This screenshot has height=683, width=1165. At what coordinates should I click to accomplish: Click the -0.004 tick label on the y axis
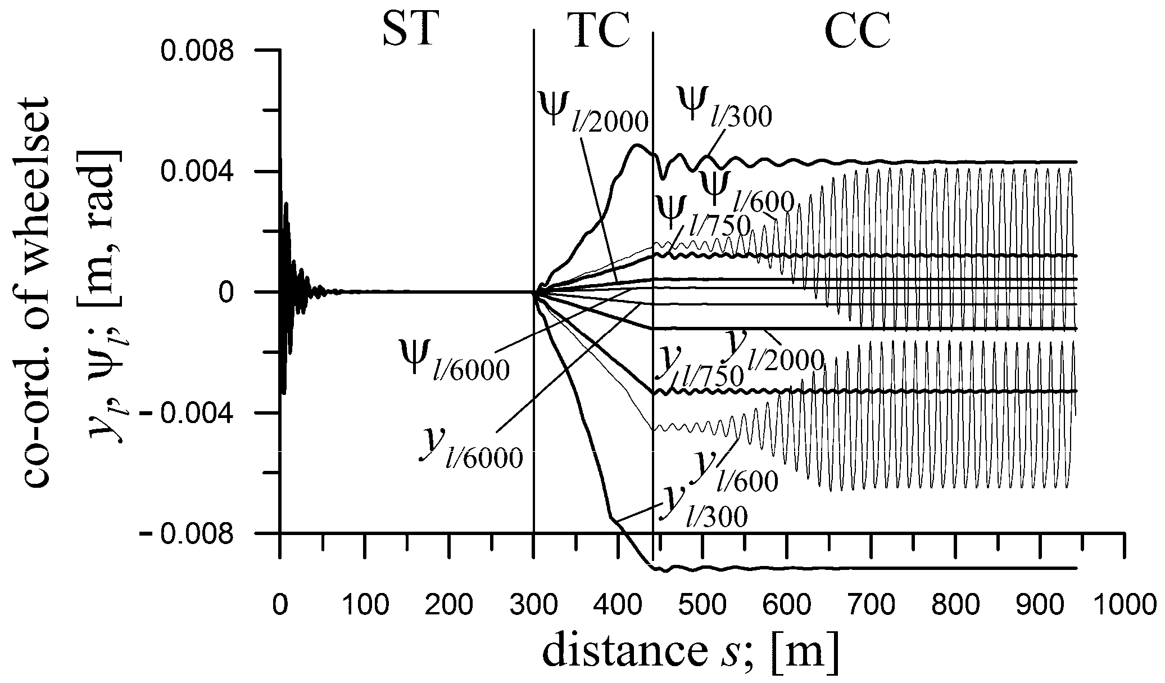coord(189,413)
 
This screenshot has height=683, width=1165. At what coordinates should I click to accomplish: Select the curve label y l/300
coord(702,506)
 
